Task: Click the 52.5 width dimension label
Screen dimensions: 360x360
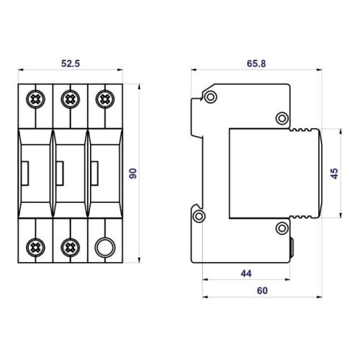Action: click(71, 63)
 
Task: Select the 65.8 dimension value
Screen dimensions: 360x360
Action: click(256, 63)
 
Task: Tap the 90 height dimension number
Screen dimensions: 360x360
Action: click(132, 174)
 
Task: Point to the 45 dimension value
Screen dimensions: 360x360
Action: click(334, 174)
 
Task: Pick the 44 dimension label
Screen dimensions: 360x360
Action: click(246, 274)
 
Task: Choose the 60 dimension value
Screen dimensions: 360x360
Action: click(262, 291)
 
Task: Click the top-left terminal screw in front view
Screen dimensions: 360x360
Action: click(35, 99)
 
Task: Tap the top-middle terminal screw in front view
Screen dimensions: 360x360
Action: click(71, 99)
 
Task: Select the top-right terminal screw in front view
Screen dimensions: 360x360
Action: click(105, 99)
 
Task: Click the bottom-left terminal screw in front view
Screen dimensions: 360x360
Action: click(35, 248)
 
